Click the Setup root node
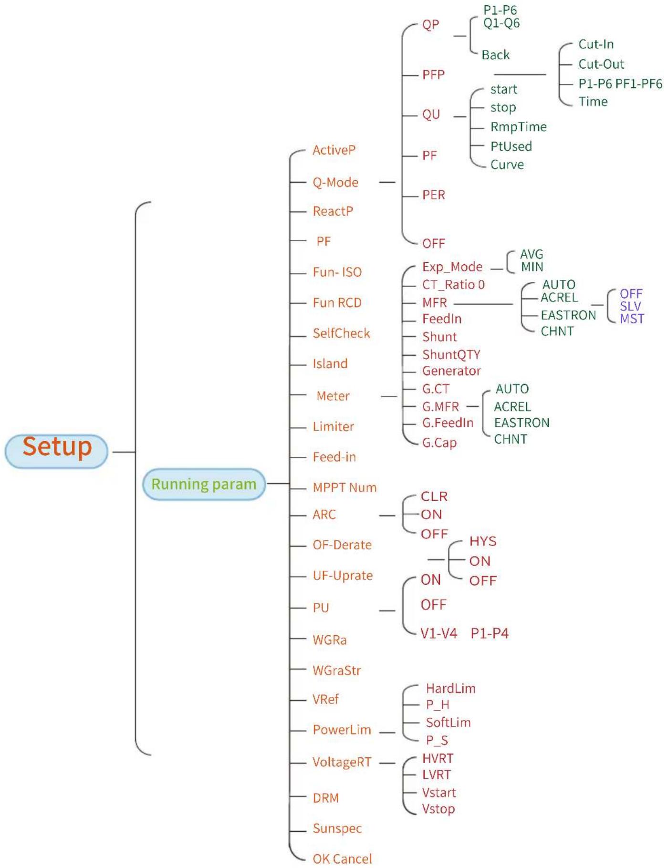click(x=56, y=451)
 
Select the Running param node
click(x=204, y=484)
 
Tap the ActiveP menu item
click(x=334, y=150)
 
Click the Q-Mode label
click(x=335, y=182)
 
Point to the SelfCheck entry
click(x=341, y=333)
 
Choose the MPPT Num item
click(x=344, y=487)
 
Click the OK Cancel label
click(x=342, y=859)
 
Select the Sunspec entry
click(x=337, y=829)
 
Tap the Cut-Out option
click(x=601, y=64)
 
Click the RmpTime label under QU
click(x=519, y=127)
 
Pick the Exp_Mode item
click(x=452, y=267)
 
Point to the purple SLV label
click(x=630, y=306)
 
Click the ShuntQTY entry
click(x=451, y=355)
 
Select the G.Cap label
click(x=439, y=443)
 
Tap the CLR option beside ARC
click(x=434, y=496)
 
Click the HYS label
click(x=483, y=541)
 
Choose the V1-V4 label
click(x=438, y=634)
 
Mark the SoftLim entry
click(x=448, y=723)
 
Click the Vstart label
click(x=439, y=793)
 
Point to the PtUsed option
click(x=511, y=146)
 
